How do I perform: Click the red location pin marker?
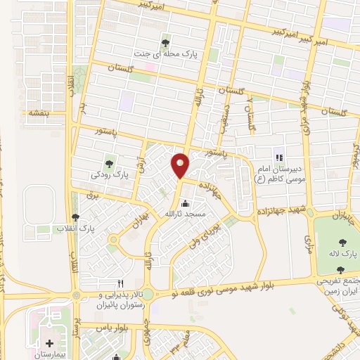(x=180, y=165)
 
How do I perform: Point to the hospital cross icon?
(x=49, y=342)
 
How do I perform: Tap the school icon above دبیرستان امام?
(x=279, y=158)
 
